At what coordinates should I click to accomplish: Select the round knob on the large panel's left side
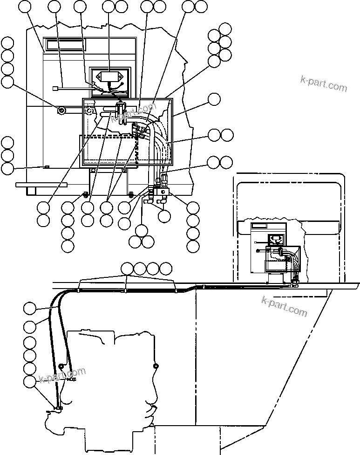pyautogui.click(x=61, y=110)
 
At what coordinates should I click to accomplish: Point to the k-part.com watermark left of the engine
pyautogui.click(x=63, y=375)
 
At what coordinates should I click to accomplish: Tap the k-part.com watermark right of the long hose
pyautogui.click(x=285, y=305)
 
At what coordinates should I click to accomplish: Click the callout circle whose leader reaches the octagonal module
pyautogui.click(x=108, y=7)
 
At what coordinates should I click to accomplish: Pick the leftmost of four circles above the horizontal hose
pyautogui.click(x=127, y=269)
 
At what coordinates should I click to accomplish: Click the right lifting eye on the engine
pyautogui.click(x=155, y=366)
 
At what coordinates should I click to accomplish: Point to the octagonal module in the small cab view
pyautogui.click(x=276, y=240)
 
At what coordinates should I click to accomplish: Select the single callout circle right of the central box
pyautogui.click(x=214, y=99)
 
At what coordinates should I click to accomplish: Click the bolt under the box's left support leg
pyautogui.click(x=86, y=194)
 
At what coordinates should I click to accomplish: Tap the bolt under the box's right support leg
pyautogui.click(x=130, y=193)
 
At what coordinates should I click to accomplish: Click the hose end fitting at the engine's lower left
pyautogui.click(x=57, y=409)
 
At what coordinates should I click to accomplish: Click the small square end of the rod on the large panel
pyautogui.click(x=55, y=87)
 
